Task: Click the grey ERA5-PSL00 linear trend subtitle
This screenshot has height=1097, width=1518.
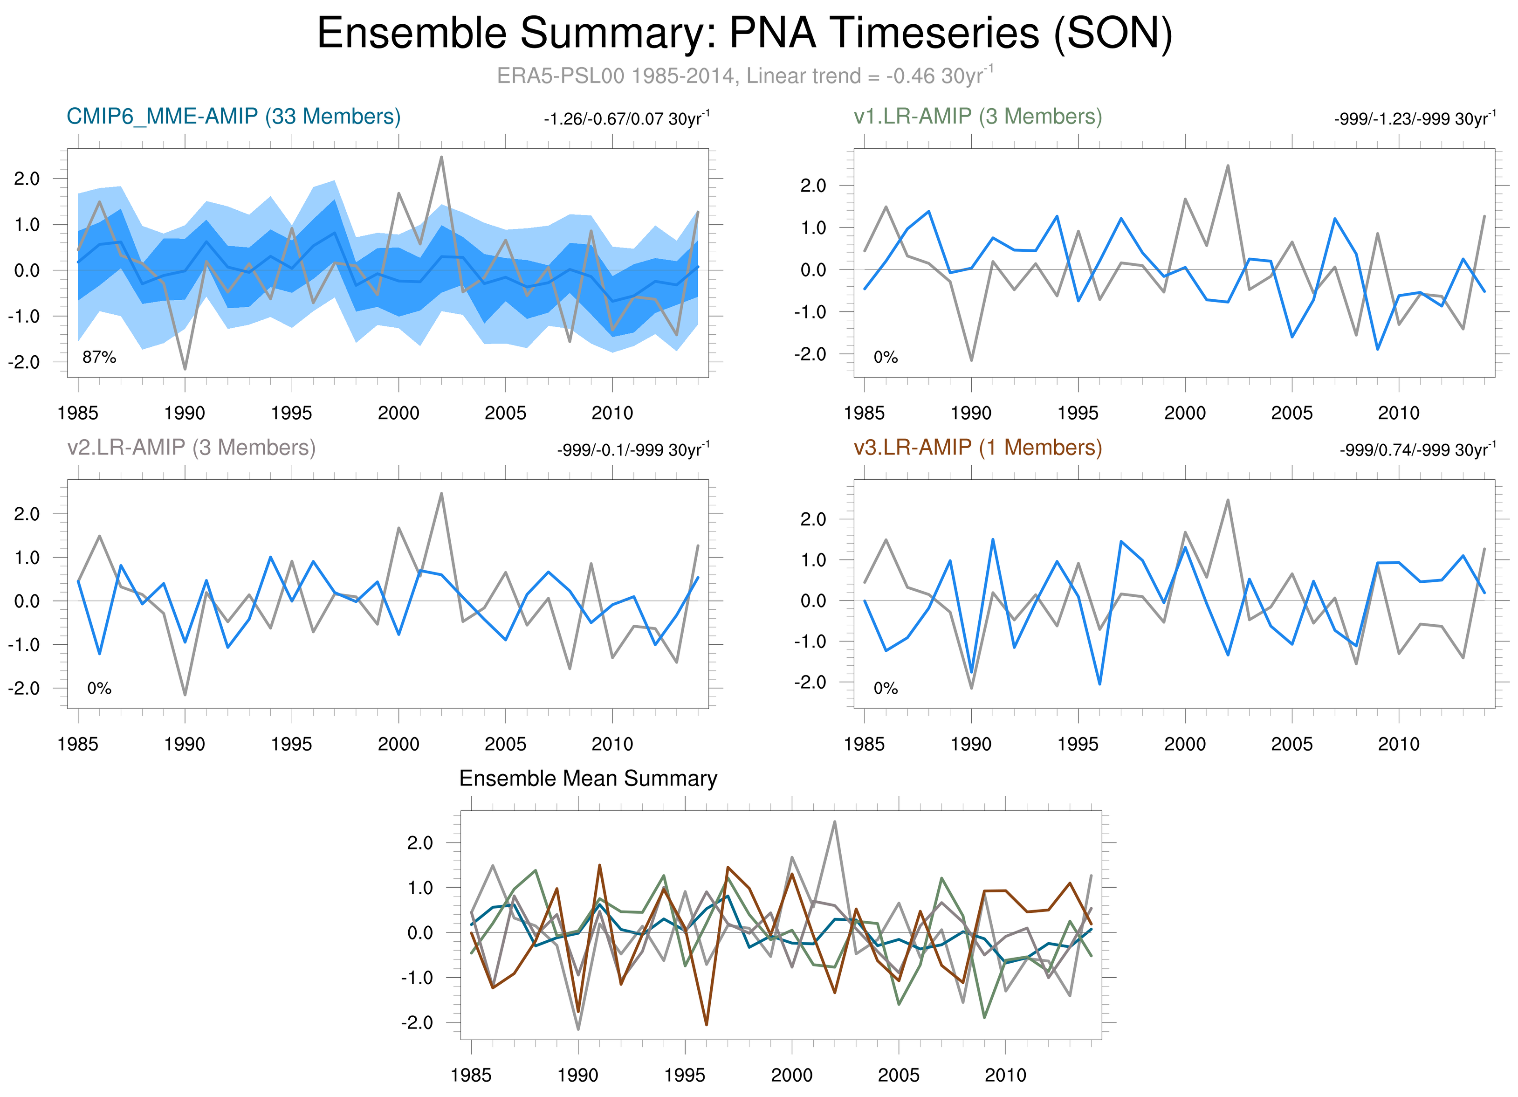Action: [x=744, y=76]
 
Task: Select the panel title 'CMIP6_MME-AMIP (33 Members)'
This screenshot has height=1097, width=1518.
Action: [x=234, y=117]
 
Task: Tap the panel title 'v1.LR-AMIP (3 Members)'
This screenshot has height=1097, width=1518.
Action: [x=978, y=117]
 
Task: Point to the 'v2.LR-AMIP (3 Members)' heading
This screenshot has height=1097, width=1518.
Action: [x=192, y=447]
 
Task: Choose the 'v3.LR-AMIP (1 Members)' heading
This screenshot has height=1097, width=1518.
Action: [x=978, y=447]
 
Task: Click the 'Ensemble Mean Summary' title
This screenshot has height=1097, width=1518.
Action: [x=588, y=779]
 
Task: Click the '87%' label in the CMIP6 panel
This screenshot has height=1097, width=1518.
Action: [x=99, y=358]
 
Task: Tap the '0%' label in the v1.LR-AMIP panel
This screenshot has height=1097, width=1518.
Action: [x=886, y=358]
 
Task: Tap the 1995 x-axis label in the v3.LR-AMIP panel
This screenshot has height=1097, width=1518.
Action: [x=1078, y=744]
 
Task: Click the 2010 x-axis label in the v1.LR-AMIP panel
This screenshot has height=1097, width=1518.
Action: [x=1398, y=413]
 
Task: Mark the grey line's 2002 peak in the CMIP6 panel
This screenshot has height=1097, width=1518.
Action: [x=441, y=157]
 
